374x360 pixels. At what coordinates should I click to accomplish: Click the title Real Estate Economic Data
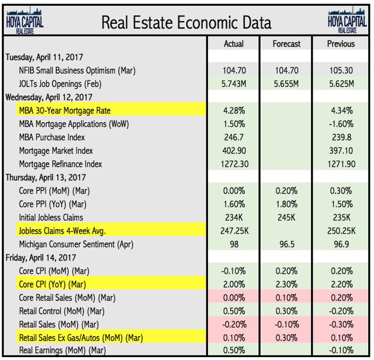click(x=186, y=23)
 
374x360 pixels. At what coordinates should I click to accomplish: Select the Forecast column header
click(x=286, y=44)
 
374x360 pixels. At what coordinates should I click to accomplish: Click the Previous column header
click(x=342, y=44)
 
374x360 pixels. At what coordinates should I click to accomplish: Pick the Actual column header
click(x=234, y=44)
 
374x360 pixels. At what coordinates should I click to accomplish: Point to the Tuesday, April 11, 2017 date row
click(x=44, y=58)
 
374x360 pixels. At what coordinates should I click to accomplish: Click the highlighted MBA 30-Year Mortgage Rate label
click(x=65, y=110)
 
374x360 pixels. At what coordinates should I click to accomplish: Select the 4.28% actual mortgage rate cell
click(x=234, y=110)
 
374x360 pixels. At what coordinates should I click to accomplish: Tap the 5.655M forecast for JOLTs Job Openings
click(x=286, y=84)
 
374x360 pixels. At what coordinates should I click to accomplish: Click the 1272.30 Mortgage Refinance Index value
click(x=234, y=164)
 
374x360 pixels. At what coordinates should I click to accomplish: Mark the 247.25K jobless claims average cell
click(x=234, y=231)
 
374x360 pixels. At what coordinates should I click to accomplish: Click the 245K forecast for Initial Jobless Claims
click(x=286, y=217)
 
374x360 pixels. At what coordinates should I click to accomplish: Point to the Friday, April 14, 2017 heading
click(x=41, y=258)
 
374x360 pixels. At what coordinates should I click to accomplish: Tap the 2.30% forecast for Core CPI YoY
click(x=286, y=284)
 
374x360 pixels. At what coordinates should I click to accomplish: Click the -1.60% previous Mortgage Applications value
click(x=342, y=124)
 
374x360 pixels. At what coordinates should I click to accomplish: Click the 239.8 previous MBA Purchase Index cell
click(x=342, y=137)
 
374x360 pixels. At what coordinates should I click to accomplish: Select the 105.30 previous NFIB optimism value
click(x=342, y=71)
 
